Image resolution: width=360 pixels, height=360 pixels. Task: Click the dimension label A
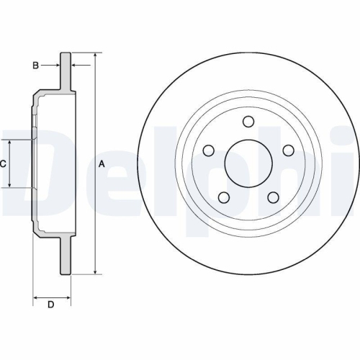[102, 163]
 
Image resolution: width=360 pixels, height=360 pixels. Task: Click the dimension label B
[34, 66]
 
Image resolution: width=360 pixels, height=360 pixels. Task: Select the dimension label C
[3, 163]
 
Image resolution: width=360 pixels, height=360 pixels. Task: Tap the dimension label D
[50, 305]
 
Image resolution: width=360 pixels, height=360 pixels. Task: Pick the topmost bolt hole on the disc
[248, 121]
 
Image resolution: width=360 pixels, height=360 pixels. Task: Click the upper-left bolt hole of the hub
[210, 150]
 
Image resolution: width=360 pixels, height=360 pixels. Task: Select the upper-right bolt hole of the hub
[288, 150]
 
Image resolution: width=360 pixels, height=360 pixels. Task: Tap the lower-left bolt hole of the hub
[224, 197]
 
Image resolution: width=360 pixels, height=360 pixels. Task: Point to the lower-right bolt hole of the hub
[274, 197]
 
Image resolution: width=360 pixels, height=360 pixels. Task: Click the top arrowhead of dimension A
[95, 55]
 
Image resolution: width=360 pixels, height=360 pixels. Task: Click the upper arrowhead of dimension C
[10, 141]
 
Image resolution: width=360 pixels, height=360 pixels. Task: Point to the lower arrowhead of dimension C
[10, 185]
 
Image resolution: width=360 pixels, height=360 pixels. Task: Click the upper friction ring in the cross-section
[66, 72]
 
